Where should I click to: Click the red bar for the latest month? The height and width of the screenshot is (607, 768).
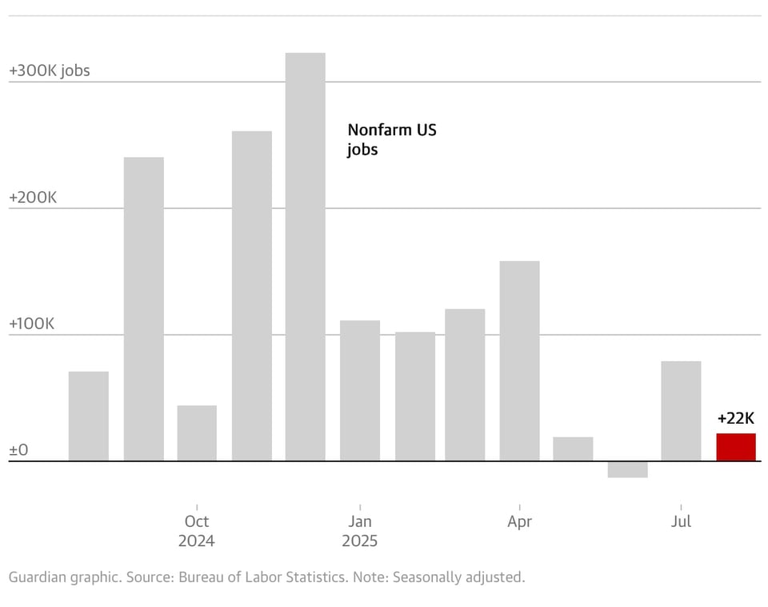click(x=735, y=447)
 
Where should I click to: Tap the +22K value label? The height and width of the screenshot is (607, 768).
click(x=735, y=418)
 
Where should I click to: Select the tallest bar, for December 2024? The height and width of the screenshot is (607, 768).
click(x=305, y=256)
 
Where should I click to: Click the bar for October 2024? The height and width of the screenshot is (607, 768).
click(x=197, y=432)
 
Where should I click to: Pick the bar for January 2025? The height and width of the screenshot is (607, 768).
click(x=359, y=390)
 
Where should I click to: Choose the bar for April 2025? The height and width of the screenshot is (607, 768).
click(x=519, y=360)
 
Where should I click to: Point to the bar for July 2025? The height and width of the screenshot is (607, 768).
click(x=681, y=411)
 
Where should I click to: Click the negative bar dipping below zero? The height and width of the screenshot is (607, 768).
click(x=627, y=469)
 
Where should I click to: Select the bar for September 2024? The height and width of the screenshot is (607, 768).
click(x=143, y=308)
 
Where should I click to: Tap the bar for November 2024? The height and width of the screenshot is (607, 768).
click(x=251, y=295)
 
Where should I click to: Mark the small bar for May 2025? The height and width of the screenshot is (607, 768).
click(x=573, y=448)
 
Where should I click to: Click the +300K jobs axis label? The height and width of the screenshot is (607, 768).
click(x=50, y=70)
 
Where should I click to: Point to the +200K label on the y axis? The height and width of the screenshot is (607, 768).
click(x=33, y=198)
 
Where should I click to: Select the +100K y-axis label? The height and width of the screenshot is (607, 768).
click(x=33, y=324)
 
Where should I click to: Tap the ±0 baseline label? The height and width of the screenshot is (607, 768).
click(x=18, y=450)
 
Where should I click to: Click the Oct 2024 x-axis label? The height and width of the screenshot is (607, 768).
click(x=197, y=531)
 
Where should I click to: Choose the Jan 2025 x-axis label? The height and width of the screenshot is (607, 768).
click(x=359, y=531)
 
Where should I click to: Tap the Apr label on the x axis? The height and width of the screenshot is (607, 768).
click(x=519, y=521)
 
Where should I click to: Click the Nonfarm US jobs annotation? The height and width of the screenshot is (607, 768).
click(x=391, y=139)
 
